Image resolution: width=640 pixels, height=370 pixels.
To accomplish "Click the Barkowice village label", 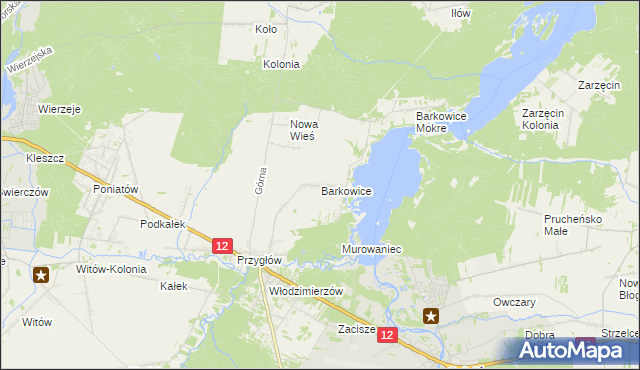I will (x=347, y=190).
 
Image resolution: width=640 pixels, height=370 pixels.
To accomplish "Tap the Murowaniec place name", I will (x=371, y=247).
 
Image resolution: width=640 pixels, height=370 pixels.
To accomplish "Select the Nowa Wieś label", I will (x=303, y=130).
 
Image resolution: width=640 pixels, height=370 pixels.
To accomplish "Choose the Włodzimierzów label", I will (x=306, y=291).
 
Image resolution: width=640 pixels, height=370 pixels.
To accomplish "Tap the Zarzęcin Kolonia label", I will (x=546, y=120).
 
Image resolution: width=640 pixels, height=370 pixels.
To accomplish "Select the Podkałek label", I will (x=164, y=225).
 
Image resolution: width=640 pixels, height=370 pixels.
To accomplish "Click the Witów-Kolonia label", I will (x=111, y=269).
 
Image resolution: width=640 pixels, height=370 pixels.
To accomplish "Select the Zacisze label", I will (x=356, y=328).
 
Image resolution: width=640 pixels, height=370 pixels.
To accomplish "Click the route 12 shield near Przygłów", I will (x=222, y=246).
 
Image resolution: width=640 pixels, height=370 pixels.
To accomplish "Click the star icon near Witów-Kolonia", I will (x=41, y=275).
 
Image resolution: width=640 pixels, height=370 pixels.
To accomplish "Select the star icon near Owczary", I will (x=432, y=317).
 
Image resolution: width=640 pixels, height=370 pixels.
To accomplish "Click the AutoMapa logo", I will (x=570, y=351).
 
